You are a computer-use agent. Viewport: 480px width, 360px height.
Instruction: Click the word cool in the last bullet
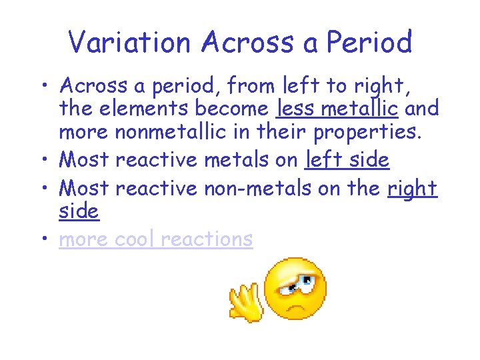tap(141, 239)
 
